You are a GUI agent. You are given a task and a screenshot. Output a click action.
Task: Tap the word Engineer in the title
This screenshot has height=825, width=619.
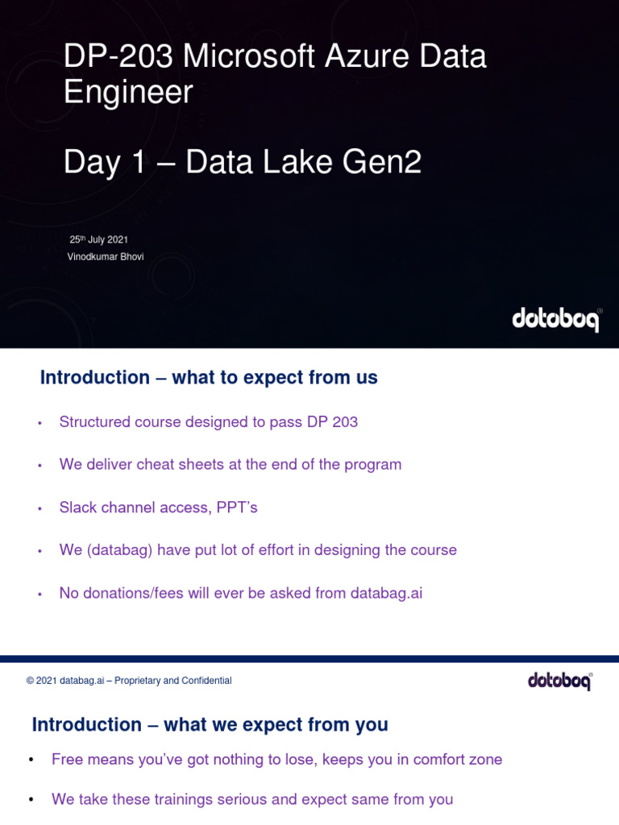(128, 93)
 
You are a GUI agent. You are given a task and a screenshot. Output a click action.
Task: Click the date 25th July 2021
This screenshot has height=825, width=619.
(98, 239)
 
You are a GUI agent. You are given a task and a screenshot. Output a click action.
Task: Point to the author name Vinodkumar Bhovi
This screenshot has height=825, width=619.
(106, 256)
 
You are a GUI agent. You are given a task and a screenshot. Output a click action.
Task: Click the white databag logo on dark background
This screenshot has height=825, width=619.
(556, 320)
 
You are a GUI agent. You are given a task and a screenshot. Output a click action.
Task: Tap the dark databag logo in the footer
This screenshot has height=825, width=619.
(560, 681)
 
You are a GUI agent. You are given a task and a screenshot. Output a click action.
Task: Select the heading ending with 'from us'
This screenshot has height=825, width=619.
(209, 377)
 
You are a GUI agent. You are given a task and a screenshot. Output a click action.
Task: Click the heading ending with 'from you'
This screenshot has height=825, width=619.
(210, 724)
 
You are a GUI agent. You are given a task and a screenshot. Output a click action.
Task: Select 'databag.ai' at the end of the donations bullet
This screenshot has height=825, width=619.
(386, 593)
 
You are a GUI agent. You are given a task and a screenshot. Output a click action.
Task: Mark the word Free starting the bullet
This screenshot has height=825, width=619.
(67, 760)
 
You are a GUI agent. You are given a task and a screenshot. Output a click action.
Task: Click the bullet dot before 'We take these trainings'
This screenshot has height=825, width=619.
(32, 800)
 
